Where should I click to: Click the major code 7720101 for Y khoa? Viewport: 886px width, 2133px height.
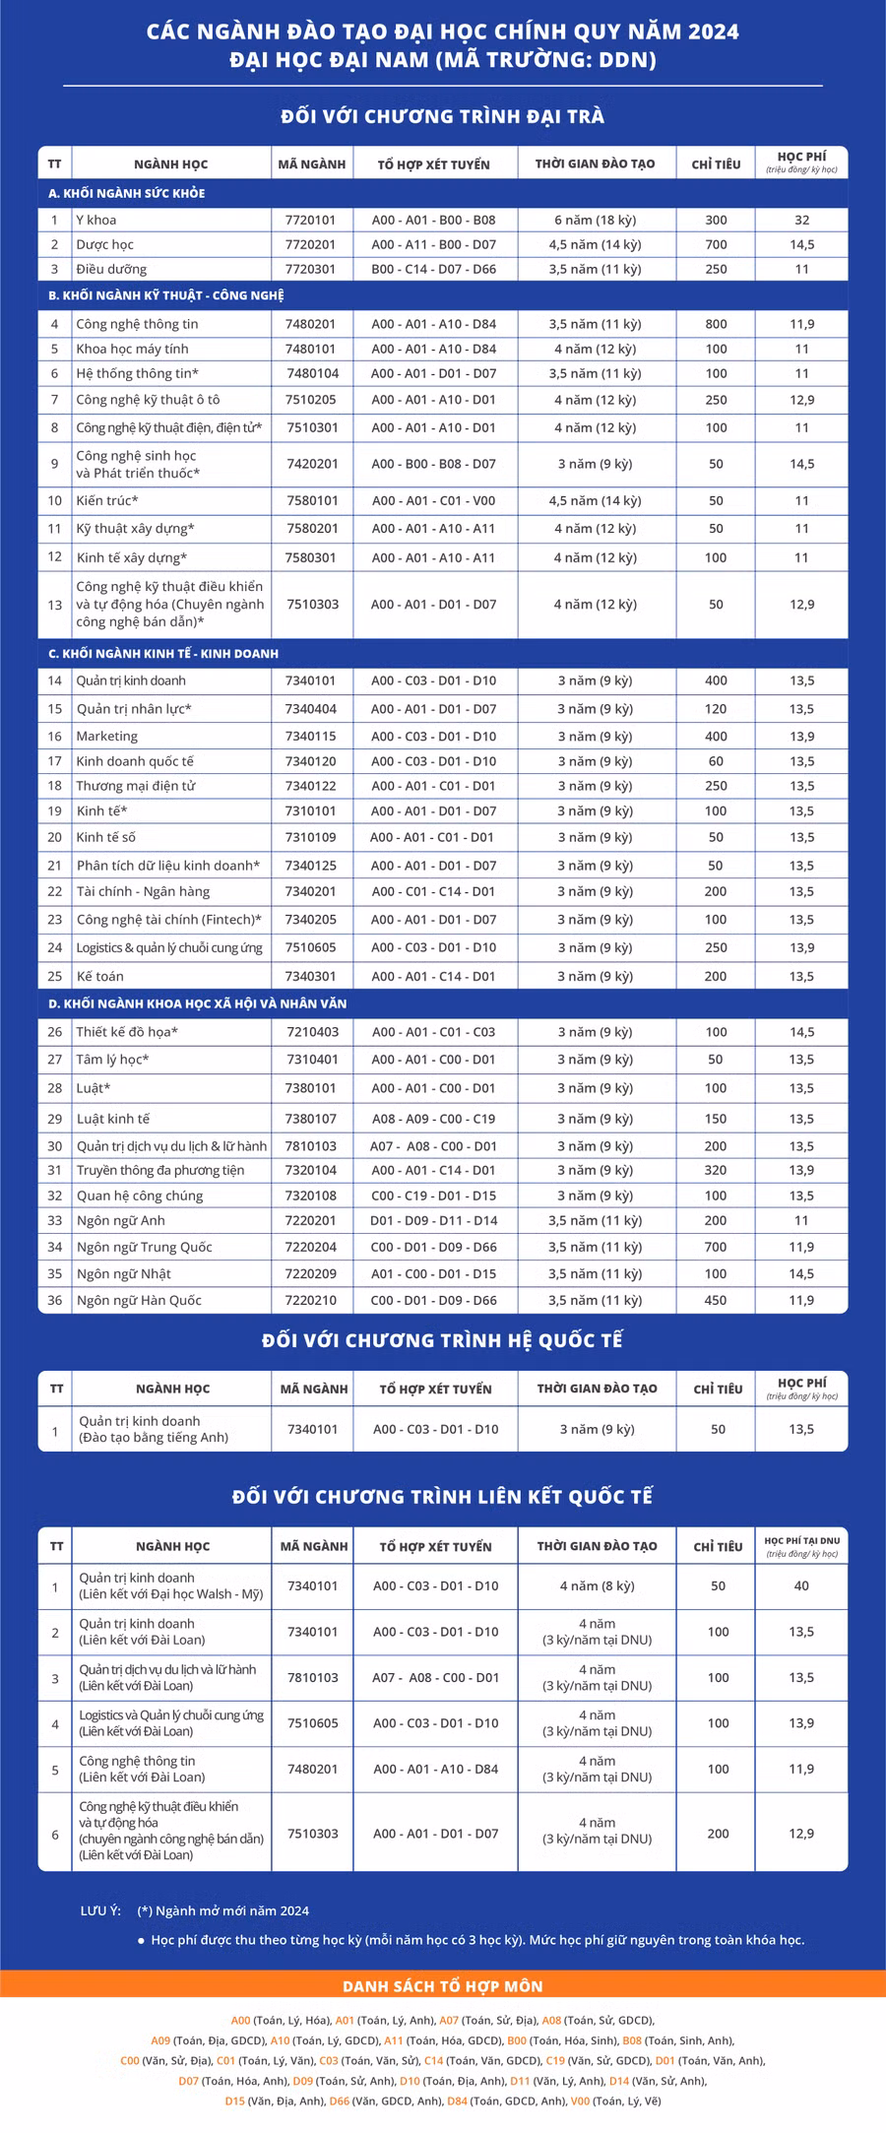click(311, 220)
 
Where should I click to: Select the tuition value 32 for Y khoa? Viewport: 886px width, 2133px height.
click(801, 220)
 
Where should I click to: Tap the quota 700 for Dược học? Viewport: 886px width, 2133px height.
click(716, 244)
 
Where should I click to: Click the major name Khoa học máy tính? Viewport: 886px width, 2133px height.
click(132, 349)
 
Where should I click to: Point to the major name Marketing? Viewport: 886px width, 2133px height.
click(107, 736)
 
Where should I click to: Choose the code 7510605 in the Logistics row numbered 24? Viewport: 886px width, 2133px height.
click(311, 947)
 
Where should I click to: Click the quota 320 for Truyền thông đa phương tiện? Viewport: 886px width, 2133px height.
click(716, 1170)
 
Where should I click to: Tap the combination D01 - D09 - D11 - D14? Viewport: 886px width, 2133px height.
click(434, 1220)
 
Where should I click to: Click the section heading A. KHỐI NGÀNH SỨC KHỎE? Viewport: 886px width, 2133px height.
click(127, 193)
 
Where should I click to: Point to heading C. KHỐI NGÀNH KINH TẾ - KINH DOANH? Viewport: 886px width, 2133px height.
click(163, 653)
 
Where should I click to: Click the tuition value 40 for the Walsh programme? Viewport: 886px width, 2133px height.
click(801, 1585)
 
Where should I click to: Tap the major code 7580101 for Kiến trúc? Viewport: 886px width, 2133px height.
click(311, 500)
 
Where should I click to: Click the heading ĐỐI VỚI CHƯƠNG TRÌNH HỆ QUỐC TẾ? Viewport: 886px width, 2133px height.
click(443, 1340)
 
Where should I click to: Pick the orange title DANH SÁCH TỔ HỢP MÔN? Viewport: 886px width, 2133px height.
click(443, 1986)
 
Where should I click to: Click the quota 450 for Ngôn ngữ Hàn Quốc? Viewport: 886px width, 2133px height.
click(716, 1300)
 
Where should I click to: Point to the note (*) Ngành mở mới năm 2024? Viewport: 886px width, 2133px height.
click(223, 1910)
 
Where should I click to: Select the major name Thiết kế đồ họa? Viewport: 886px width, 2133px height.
click(127, 1032)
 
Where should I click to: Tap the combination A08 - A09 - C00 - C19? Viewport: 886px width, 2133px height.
click(434, 1119)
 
